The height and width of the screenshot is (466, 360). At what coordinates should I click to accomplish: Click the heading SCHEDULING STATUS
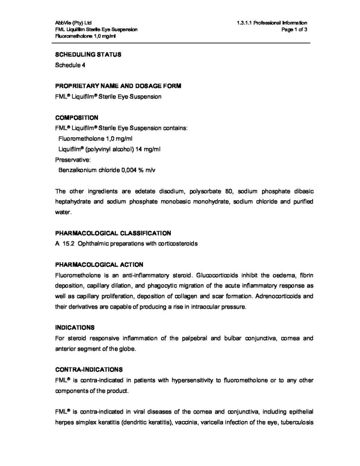(x=87, y=55)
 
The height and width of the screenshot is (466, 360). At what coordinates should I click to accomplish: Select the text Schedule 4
(x=70, y=65)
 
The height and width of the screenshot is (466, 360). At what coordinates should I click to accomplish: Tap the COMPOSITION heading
(x=76, y=117)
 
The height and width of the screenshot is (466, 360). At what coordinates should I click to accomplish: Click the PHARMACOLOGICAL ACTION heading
(x=99, y=264)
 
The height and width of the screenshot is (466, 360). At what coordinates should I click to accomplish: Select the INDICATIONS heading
(x=75, y=327)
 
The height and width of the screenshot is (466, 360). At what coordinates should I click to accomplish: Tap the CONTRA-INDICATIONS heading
(x=88, y=369)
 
